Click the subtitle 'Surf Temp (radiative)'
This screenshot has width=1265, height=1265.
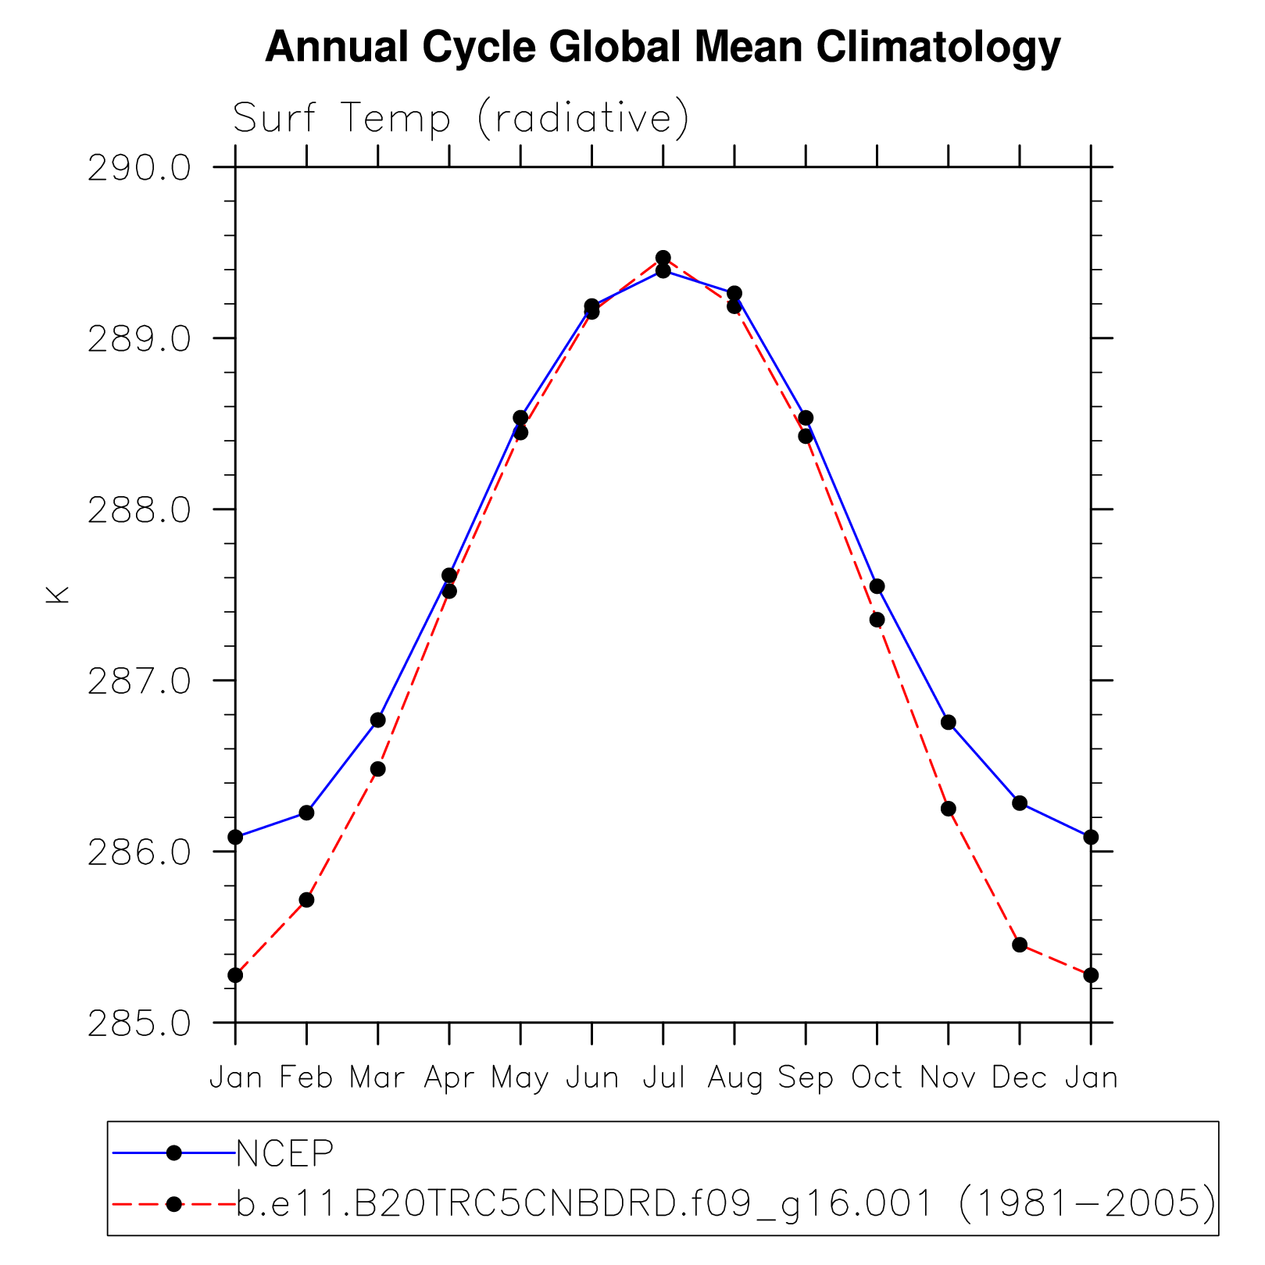461,118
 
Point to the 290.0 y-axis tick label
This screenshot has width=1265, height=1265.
140,167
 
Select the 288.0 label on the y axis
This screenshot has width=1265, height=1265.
140,509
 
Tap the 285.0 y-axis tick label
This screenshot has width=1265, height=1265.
140,1023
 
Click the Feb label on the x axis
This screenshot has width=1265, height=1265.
306,1077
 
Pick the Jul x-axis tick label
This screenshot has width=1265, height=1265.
663,1077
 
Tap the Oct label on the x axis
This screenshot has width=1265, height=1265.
877,1077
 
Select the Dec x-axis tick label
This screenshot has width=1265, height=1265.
1019,1077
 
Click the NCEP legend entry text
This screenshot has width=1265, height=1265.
285,1152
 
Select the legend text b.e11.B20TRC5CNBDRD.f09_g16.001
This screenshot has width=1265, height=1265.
584,1203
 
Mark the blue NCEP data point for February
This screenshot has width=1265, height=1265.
306,813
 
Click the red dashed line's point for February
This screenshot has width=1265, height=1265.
306,900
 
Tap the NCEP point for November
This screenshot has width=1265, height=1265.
948,722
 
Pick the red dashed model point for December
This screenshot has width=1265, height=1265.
1019,945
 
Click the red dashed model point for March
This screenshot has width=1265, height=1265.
378,769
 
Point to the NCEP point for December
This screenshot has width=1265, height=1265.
1019,802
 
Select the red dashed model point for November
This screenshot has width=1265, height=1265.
948,809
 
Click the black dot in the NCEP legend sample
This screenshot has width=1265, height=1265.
174,1152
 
